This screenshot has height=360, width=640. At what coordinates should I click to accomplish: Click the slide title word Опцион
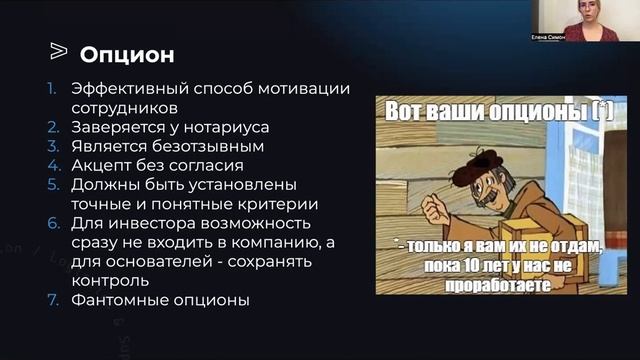[126, 52]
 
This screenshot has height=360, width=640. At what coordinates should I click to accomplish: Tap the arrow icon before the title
[58, 51]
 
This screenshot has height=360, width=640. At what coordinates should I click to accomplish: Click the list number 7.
[54, 298]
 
